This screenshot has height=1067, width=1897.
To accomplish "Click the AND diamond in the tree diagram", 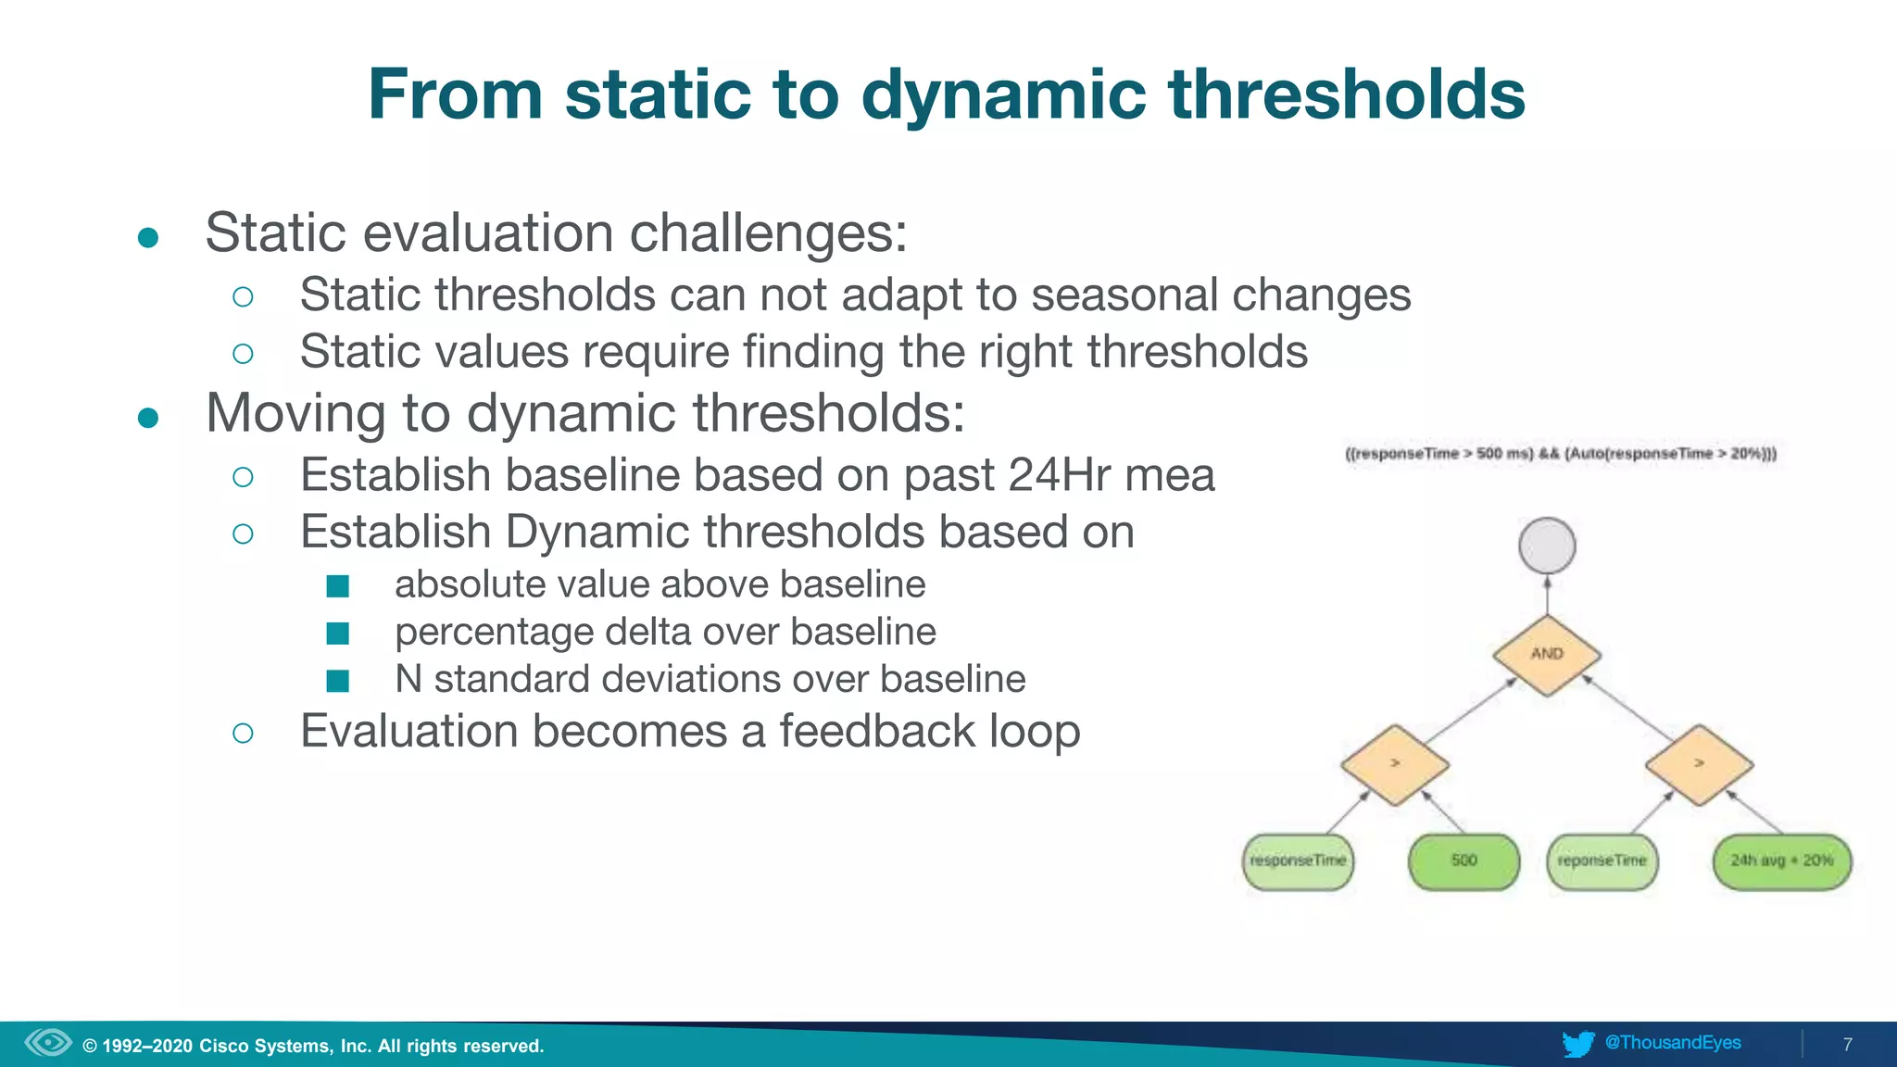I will (x=1547, y=654).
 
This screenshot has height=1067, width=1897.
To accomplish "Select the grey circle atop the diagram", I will (x=1547, y=546).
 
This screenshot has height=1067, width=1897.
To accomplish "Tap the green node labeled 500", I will (x=1464, y=861).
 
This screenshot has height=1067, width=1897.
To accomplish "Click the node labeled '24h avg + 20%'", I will (x=1781, y=861).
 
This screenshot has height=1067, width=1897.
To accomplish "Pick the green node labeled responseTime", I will (x=1298, y=861).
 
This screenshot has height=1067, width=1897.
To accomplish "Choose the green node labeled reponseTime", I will (x=1602, y=861).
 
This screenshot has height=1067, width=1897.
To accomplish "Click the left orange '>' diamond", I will (x=1395, y=764).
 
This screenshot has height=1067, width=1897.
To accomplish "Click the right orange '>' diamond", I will (x=1699, y=764).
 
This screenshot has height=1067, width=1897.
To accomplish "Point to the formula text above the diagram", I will (x=1561, y=454).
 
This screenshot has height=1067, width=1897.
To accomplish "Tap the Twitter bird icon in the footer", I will (x=1577, y=1044).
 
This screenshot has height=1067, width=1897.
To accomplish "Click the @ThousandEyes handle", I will (x=1673, y=1043).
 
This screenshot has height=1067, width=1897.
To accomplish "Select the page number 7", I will (x=1847, y=1045).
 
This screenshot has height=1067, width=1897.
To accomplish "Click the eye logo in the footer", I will (x=48, y=1043).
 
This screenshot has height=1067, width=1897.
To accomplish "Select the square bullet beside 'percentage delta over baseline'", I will (x=338, y=634).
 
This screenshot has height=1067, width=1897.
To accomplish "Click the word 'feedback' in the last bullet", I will (x=876, y=732).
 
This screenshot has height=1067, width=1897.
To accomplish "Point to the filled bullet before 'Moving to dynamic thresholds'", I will (x=148, y=418).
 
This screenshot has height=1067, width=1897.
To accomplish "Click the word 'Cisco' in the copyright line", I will (x=223, y=1047).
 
